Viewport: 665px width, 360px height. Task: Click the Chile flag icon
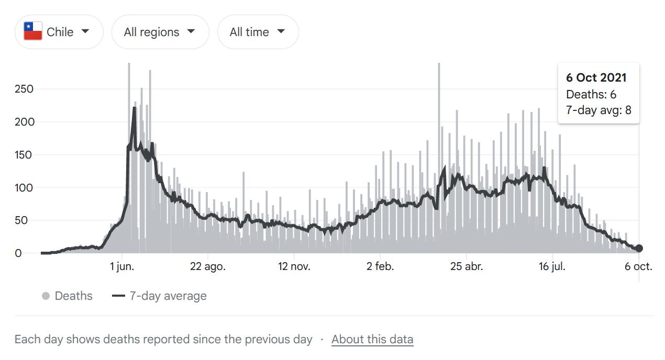[33, 32]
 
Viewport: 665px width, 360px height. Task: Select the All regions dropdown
[160, 32]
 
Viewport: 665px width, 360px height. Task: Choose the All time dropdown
[258, 32]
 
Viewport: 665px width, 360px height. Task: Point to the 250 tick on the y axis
[24, 89]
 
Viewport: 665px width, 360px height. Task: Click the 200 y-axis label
[24, 122]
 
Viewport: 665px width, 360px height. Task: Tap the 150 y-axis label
[24, 155]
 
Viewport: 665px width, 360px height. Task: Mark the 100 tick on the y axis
[24, 188]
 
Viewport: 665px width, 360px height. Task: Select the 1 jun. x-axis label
[121, 266]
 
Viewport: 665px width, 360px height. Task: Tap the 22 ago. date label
[208, 266]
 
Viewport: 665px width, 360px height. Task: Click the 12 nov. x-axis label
[294, 266]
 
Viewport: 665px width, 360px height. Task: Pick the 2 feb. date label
[380, 266]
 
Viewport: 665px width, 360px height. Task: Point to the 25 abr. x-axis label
[467, 266]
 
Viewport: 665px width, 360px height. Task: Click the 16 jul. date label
[552, 266]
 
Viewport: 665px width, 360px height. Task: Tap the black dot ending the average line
[639, 249]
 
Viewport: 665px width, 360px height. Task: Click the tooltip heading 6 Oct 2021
[596, 77]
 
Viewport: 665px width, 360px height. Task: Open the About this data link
[372, 339]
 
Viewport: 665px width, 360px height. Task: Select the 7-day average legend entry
[160, 296]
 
